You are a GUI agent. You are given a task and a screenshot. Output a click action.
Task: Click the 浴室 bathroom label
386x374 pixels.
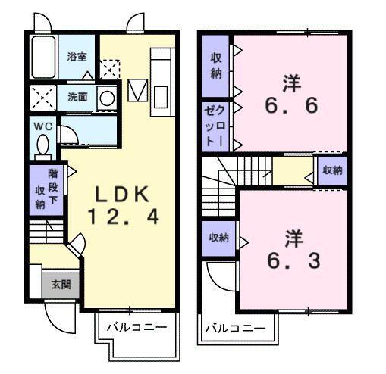(x=76, y=56)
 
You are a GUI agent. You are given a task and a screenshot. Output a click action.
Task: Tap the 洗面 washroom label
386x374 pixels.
(x=77, y=97)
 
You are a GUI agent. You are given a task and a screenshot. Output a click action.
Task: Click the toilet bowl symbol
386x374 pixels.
(x=42, y=144)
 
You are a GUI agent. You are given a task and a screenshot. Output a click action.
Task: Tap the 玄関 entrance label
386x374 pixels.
(x=60, y=285)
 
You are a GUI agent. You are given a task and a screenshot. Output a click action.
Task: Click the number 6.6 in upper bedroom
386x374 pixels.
(x=292, y=105)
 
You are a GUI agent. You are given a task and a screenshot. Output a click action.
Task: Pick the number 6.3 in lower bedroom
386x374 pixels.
(x=292, y=261)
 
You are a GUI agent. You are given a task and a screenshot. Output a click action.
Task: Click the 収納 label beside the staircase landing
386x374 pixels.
(x=333, y=170)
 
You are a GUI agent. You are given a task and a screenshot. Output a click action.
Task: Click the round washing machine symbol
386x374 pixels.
(x=108, y=97)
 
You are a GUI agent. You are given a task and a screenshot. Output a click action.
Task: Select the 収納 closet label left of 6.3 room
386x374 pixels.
(x=218, y=238)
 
